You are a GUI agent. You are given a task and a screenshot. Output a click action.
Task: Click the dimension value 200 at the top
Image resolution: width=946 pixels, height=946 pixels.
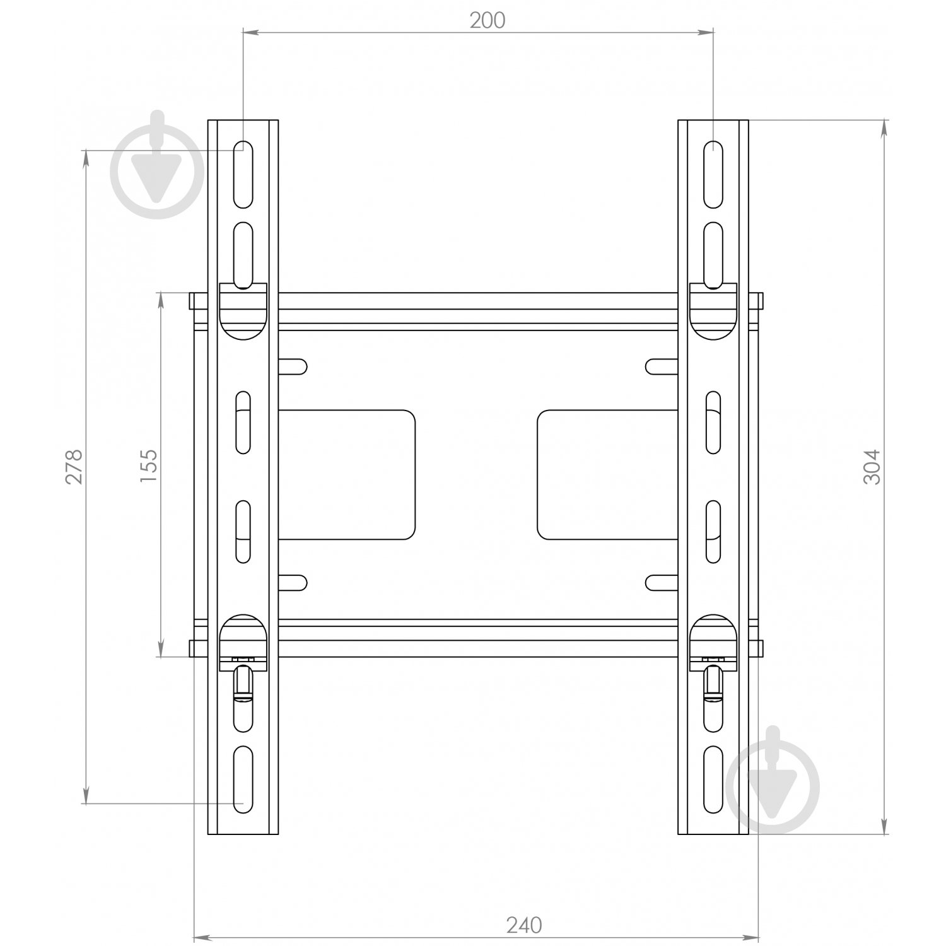coord(488,21)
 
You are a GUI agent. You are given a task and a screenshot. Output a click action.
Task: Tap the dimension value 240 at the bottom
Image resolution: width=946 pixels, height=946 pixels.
coord(524,925)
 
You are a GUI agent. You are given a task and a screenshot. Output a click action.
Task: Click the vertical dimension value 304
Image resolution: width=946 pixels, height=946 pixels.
coord(870,467)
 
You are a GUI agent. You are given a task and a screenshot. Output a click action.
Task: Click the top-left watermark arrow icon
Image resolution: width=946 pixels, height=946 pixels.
coord(157,166)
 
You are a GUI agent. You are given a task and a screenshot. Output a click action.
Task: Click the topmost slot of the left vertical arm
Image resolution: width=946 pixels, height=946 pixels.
coord(243,175)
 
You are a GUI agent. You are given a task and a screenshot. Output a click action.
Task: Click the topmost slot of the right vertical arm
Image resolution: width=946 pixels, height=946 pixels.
coord(713,175)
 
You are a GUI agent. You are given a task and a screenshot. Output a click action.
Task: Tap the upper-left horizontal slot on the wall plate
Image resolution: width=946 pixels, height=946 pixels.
coord(292,366)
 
